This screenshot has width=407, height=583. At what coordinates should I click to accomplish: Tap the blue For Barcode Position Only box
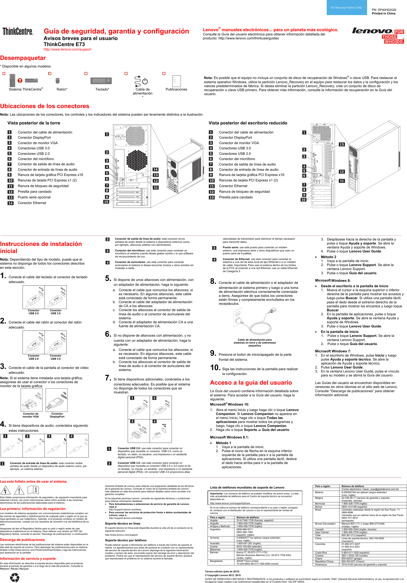[346, 8]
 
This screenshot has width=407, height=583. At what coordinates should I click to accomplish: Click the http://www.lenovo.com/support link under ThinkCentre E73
[67, 49]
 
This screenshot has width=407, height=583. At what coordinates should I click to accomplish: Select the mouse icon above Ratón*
[57, 80]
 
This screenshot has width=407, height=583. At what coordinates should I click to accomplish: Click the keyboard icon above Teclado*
[101, 80]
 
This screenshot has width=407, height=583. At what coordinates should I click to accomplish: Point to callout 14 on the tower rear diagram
[155, 169]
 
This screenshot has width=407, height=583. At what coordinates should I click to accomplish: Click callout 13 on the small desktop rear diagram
[342, 145]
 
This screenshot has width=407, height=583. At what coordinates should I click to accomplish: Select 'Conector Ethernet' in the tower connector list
[32, 203]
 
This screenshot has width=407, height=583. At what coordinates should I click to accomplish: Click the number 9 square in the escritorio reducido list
[211, 175]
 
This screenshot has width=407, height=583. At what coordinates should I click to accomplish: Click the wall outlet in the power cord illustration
[237, 315]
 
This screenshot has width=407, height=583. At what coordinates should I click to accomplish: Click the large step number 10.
[215, 368]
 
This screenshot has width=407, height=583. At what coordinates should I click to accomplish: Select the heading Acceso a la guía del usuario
[251, 383]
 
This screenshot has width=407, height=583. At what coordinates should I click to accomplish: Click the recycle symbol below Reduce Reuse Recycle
[14, 577]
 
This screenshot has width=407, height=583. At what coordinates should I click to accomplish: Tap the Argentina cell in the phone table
[215, 529]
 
